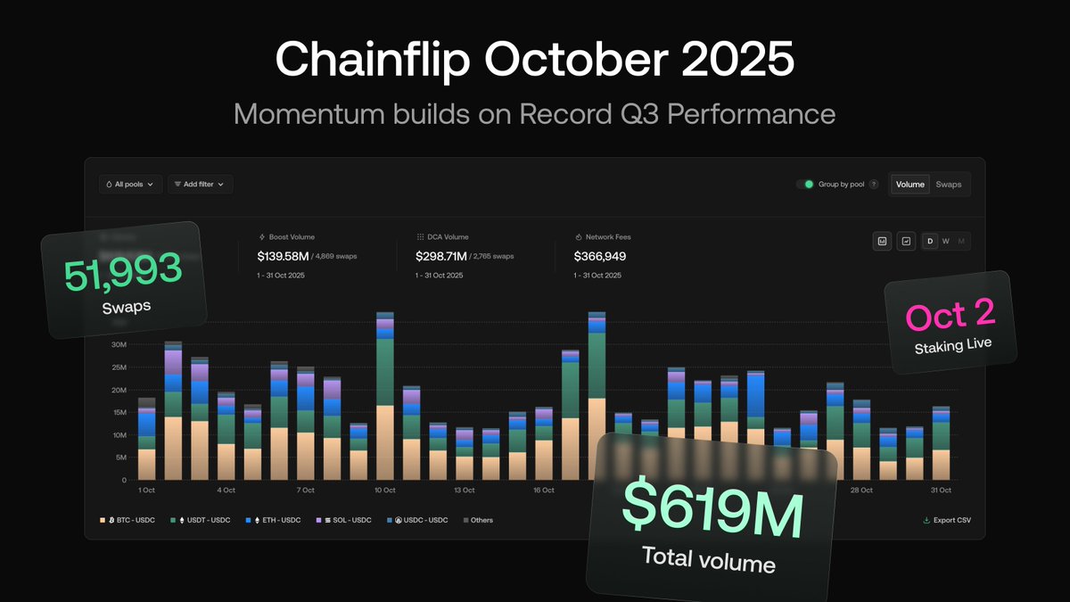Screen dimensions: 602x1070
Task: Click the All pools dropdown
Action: pos(130,185)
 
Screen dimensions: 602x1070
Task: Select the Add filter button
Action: pos(200,185)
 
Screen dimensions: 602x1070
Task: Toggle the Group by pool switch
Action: pos(808,185)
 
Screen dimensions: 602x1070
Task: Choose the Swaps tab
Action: pos(949,185)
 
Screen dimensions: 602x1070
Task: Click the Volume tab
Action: pos(910,185)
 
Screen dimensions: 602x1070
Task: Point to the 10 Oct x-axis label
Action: pos(385,491)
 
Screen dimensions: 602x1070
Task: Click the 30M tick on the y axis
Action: pos(119,345)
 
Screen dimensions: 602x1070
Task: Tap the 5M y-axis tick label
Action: pos(120,458)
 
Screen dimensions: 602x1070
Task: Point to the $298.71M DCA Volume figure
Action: pos(440,256)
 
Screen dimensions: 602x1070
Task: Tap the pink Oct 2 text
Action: pos(951,317)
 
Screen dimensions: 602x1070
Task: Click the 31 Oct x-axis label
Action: pos(941,491)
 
